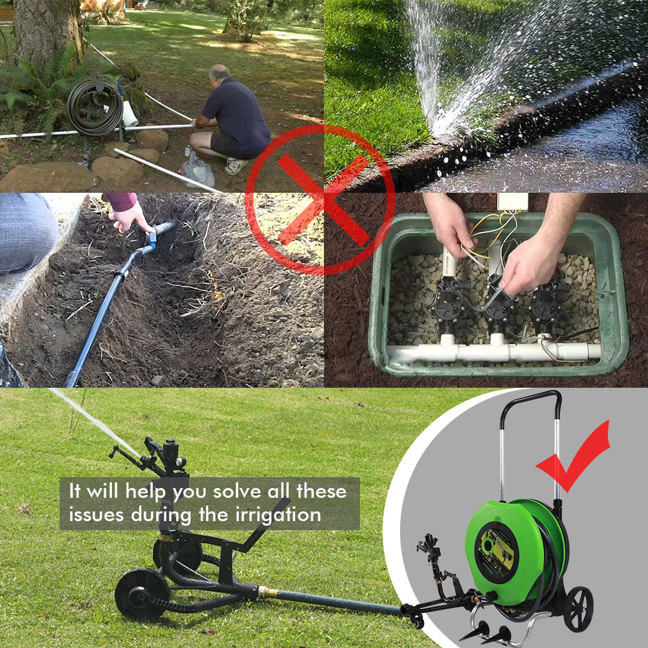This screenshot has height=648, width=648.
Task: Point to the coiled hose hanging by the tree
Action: (95, 107)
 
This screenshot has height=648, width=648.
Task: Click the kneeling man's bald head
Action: (220, 73)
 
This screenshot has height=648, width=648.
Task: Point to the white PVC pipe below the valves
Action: (492, 353)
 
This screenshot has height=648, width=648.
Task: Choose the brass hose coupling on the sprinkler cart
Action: (266, 592)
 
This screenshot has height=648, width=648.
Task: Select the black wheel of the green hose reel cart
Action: (577, 609)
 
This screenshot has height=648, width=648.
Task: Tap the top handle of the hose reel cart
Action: (531, 396)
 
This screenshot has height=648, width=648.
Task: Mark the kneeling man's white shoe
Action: (234, 166)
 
